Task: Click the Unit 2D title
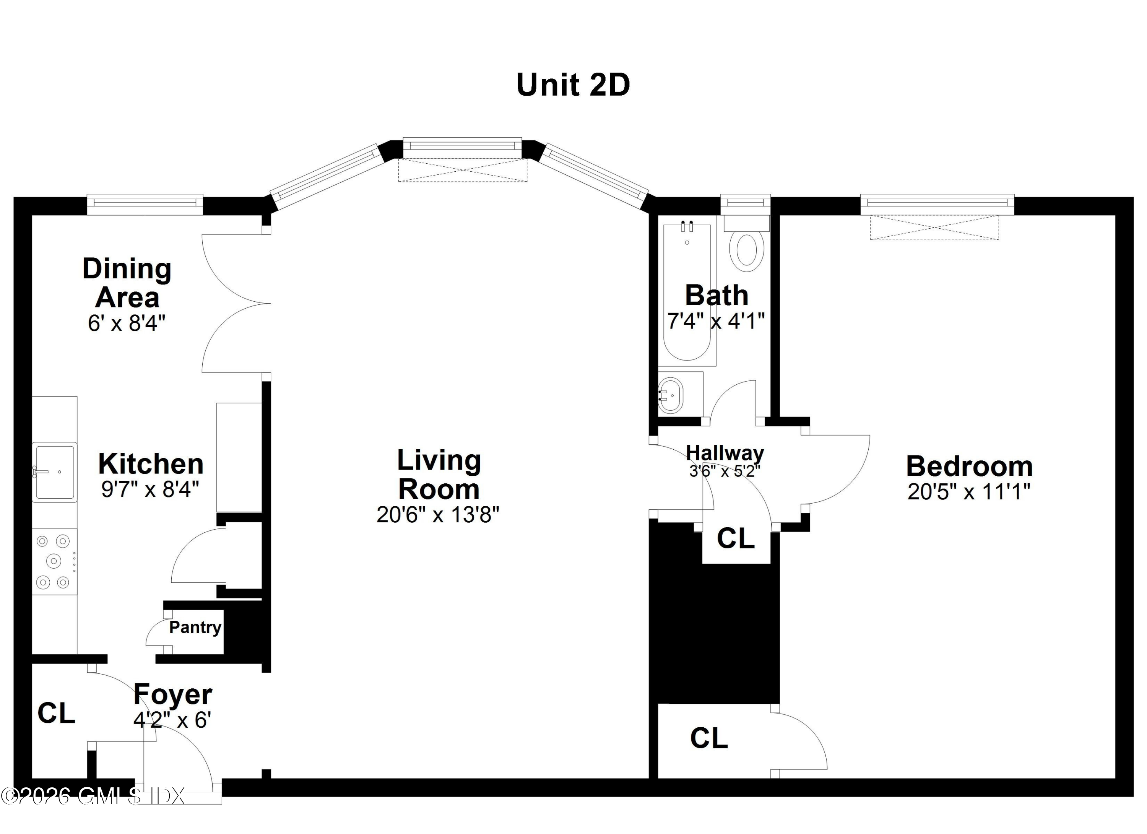point(573,85)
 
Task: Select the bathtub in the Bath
point(687,292)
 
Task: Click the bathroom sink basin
point(671,395)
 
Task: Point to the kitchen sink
point(55,472)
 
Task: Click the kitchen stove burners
point(55,561)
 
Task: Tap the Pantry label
point(195,628)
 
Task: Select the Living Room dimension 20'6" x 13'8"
point(438,514)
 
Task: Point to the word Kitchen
point(151,463)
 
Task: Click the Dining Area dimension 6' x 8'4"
point(127,323)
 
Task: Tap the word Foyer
point(173,695)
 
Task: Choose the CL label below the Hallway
point(736,539)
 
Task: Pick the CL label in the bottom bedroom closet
point(709,738)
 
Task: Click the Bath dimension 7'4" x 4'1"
point(716,321)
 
